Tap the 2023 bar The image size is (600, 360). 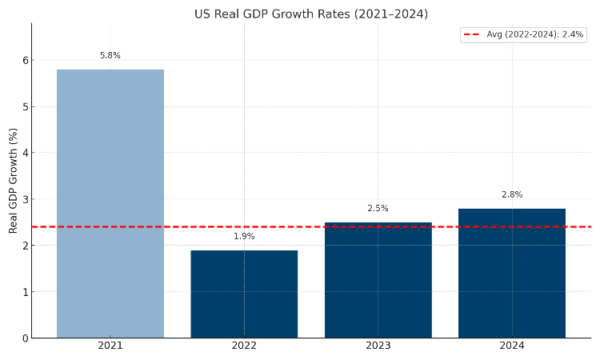tap(378, 280)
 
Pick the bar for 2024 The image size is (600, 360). tap(512, 273)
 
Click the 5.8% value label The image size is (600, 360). tap(110, 56)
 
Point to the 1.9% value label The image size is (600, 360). tap(244, 237)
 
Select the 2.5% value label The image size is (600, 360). tap(378, 209)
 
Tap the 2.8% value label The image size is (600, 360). tap(512, 195)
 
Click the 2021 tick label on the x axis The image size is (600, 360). tap(110, 346)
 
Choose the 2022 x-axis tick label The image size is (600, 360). tap(244, 346)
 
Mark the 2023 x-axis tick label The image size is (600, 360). tap(378, 346)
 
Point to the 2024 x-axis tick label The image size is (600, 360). tap(512, 346)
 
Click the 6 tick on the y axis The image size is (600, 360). tap(26, 60)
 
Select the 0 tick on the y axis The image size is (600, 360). tap(26, 338)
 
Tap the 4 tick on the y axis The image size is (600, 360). tap(26, 153)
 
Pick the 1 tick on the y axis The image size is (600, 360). tap(26, 292)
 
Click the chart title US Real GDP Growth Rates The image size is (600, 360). tap(311, 14)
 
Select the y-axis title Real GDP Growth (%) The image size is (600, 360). tap(14, 180)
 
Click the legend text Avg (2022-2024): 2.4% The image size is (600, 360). tap(535, 34)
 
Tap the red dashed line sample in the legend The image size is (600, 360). tap(472, 34)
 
